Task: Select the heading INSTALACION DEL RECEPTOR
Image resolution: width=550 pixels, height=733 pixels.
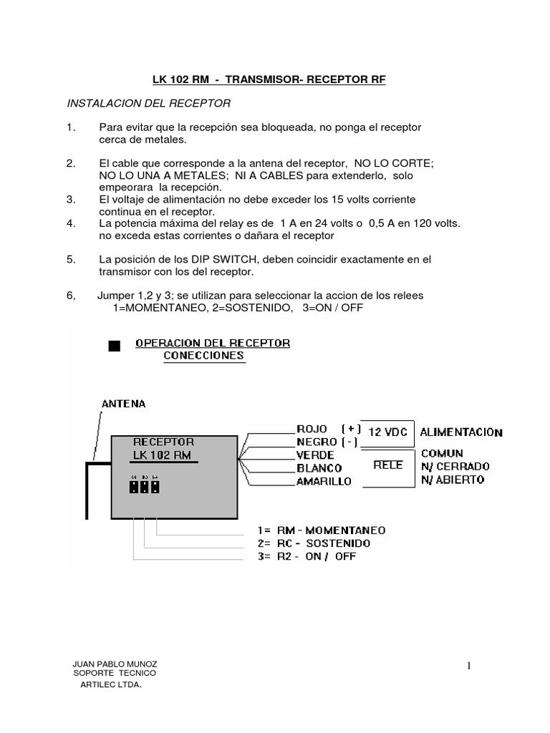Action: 148,103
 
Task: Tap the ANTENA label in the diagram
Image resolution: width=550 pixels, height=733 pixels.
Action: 123,404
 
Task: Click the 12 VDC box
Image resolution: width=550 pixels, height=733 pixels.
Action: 387,432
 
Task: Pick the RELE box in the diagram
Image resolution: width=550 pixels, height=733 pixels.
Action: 388,465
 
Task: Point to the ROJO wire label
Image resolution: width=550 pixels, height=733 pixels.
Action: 312,429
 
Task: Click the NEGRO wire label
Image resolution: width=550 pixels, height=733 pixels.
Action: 317,442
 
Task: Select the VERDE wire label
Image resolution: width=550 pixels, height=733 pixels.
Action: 315,455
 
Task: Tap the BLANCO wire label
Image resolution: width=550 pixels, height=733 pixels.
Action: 319,467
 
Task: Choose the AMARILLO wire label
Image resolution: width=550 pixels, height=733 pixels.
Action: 324,481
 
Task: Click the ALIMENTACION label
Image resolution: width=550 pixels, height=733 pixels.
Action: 461,432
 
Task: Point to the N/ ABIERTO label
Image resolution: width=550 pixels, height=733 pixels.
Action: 453,480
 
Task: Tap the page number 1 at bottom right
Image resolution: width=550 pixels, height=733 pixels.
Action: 469,666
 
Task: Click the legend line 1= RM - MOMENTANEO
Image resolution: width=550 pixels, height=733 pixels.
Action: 321,530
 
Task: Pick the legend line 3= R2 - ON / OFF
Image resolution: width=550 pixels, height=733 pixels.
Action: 306,556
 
